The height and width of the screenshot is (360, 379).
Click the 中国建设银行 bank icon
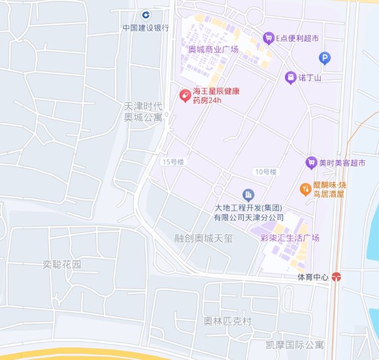click(x=146, y=15)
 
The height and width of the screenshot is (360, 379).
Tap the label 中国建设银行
click(x=146, y=28)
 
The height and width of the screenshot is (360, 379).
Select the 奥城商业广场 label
click(x=213, y=50)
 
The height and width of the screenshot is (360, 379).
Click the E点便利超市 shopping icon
click(x=268, y=39)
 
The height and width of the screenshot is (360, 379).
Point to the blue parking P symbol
click(x=325, y=59)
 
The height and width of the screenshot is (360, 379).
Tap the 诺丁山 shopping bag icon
click(x=290, y=78)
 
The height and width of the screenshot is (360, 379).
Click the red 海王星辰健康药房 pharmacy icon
click(x=186, y=95)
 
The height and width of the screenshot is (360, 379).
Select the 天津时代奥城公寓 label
click(x=144, y=112)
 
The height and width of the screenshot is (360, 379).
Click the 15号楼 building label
click(x=174, y=161)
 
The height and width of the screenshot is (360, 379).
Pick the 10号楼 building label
click(x=266, y=172)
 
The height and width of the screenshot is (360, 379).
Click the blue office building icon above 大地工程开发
click(x=248, y=195)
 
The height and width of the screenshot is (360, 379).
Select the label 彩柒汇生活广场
click(x=289, y=238)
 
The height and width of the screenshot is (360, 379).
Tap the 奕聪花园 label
click(x=62, y=265)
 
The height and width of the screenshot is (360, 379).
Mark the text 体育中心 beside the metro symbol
click(x=312, y=277)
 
